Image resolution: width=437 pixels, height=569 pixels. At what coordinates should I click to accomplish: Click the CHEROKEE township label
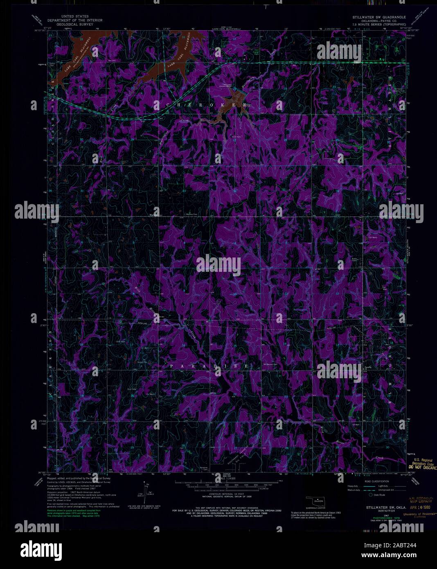pyautogui.click(x=207, y=105)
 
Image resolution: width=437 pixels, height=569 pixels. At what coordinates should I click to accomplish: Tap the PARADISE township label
pyautogui.click(x=209, y=365)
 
